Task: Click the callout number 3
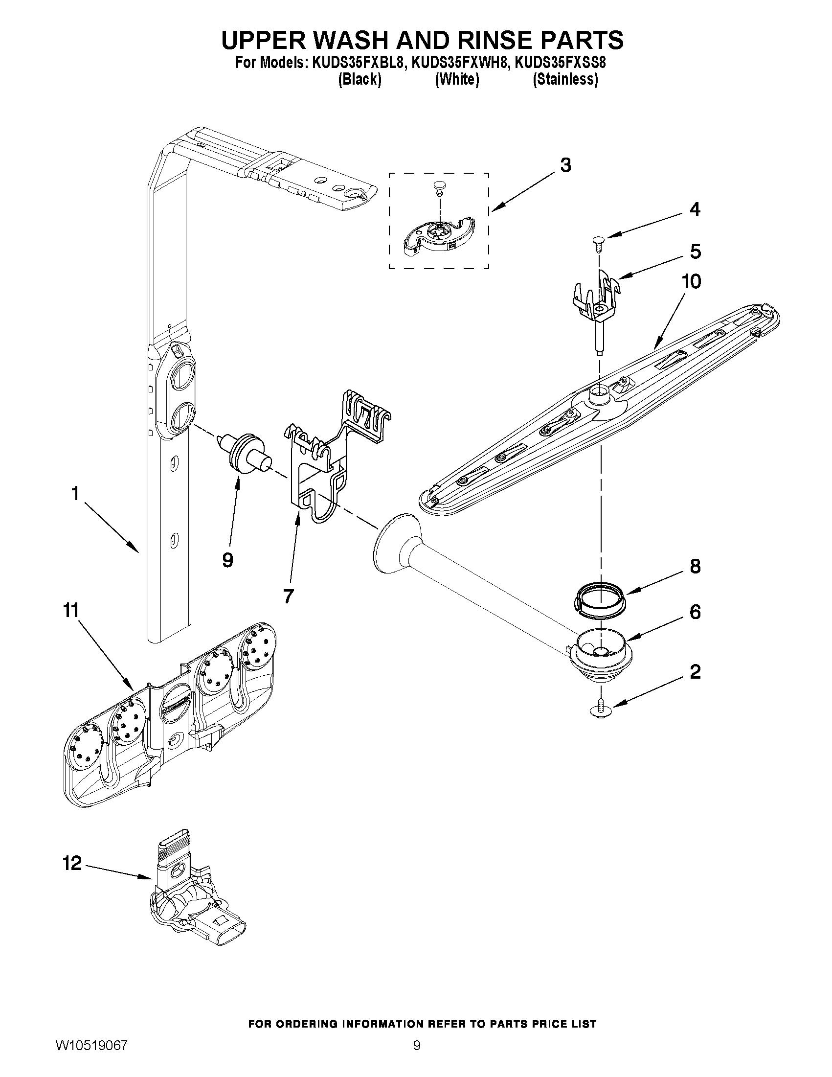(565, 165)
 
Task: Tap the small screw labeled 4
(598, 243)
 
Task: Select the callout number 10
(691, 281)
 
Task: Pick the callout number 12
(71, 863)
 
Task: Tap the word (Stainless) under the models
(565, 79)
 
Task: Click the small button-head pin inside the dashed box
(437, 186)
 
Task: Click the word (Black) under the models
(360, 79)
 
